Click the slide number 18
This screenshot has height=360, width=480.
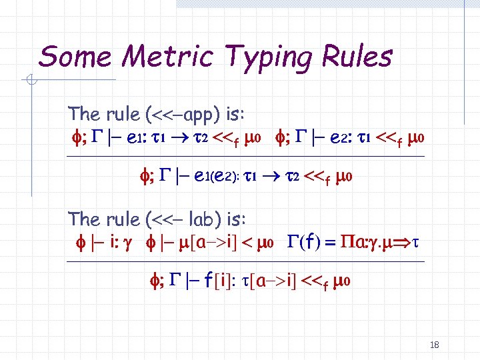[x=435, y=345]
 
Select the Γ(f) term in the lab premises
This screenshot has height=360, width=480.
[x=306, y=241]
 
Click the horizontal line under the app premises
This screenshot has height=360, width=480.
[x=247, y=157]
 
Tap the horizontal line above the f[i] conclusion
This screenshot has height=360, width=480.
[x=247, y=261]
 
